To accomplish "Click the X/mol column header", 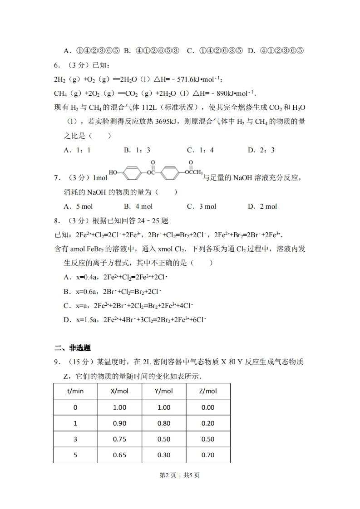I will point(119,391).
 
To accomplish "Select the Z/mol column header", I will point(208,391).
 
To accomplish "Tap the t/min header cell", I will point(75,391).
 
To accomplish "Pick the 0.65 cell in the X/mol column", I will point(119,455).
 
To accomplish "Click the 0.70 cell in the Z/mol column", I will point(208,455).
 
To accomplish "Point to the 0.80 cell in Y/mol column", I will point(163,423).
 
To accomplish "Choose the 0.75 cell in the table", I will point(119,439).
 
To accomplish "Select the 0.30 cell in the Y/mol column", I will point(163,455).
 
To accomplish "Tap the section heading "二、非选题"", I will point(72,348).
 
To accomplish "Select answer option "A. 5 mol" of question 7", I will point(78,206).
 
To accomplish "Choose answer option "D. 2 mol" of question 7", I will point(262,206).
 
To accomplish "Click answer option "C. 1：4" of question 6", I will point(200,150).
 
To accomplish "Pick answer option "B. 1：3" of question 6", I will point(137,150).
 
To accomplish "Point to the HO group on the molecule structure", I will point(113,173).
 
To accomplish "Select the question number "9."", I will point(57,362).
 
